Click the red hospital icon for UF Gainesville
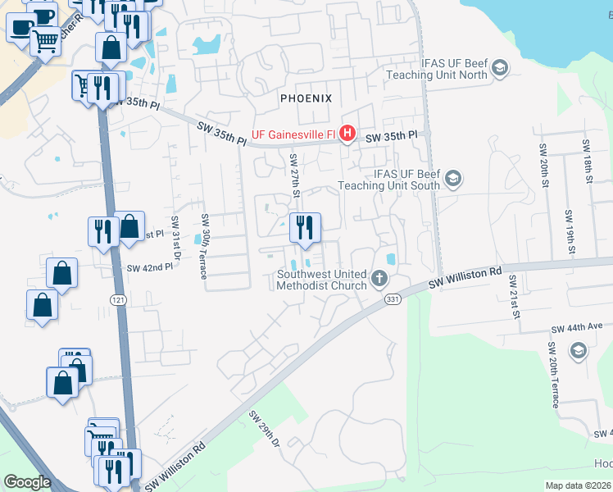pyautogui.click(x=347, y=133)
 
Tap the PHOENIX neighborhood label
pyautogui.click(x=306, y=98)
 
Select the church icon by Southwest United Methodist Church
pyautogui.click(x=379, y=279)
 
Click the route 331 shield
pyautogui.click(x=393, y=301)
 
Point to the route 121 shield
pyautogui.click(x=118, y=300)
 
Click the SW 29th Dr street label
pyautogui.click(x=265, y=430)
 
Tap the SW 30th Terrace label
pyautogui.click(x=205, y=246)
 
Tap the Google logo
pyautogui.click(x=27, y=482)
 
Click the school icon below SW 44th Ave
pyautogui.click(x=579, y=352)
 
